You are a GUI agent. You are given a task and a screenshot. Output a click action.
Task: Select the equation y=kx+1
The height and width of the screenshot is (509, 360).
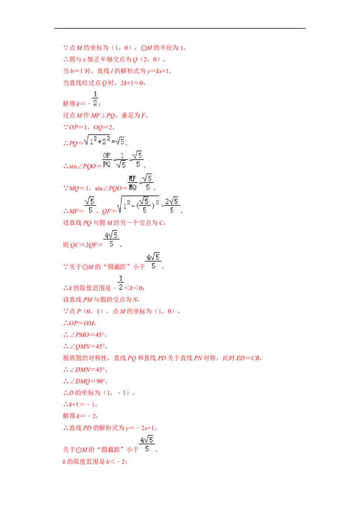tap(158, 71)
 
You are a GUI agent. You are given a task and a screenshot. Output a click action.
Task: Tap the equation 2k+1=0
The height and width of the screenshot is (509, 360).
tap(131, 83)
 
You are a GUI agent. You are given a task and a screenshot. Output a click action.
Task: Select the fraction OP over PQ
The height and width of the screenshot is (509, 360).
tap(107, 160)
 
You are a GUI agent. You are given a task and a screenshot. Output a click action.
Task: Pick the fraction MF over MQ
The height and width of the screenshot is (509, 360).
tap(133, 183)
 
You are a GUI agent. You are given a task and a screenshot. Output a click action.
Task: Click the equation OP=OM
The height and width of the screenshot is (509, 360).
tap(81, 323)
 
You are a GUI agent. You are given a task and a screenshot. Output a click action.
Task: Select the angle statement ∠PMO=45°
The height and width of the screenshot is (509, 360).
tap(88, 335)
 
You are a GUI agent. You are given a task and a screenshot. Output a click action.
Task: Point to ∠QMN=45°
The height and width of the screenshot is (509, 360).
tap(88, 346)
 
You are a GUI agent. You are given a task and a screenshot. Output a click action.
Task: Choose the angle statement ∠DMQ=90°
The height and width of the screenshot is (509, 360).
tap(88, 381)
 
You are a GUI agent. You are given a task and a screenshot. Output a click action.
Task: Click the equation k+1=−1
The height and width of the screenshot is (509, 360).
tap(82, 405)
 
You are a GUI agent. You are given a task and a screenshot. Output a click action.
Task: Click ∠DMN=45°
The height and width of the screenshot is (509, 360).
tap(88, 370)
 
